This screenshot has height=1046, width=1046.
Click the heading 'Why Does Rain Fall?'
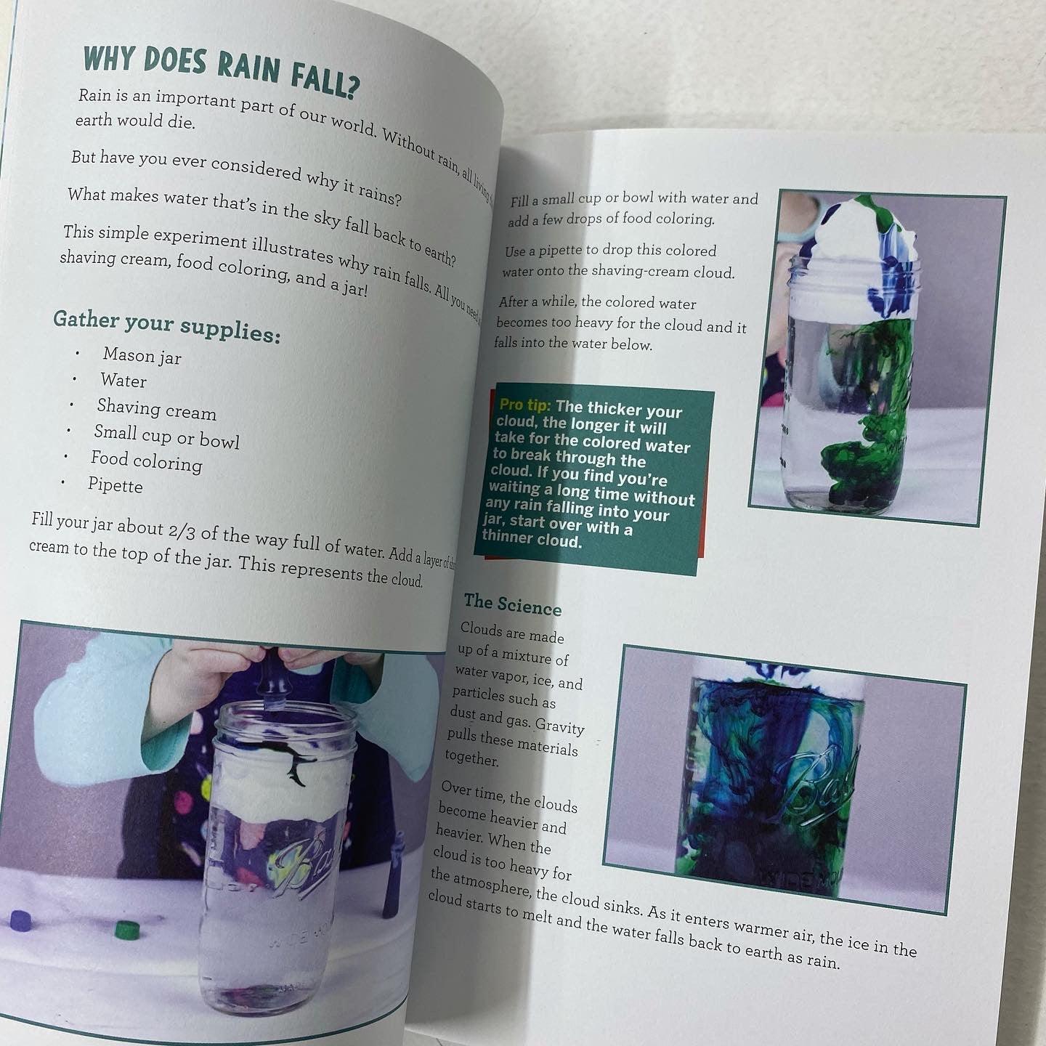tap(222, 70)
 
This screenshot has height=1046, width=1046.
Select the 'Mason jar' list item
tap(142, 355)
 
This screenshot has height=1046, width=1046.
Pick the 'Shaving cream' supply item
tap(157, 409)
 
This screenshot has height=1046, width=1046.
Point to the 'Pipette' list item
tap(115, 485)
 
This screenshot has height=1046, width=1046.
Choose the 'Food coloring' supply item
tap(146, 461)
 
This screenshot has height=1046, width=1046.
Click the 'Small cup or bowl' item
tap(166, 436)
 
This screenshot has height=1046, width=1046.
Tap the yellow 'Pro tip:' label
tap(524, 405)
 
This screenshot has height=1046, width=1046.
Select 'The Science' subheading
tap(513, 603)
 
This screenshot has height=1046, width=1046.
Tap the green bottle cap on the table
tap(127, 929)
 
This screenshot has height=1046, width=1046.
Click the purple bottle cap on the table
tap(20, 920)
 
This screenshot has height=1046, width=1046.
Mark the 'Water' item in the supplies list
tap(123, 381)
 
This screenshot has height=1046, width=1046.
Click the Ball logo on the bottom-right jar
tap(814, 784)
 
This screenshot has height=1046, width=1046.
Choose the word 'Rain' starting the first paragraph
tap(94, 95)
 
